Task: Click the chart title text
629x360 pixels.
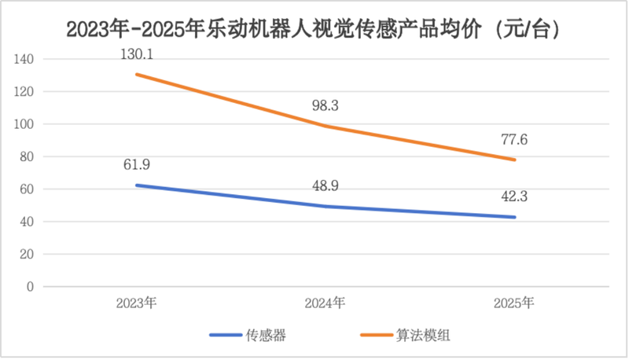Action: [314, 30]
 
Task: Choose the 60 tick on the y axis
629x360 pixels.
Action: [27, 189]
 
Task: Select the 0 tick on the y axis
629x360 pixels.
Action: [30, 287]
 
